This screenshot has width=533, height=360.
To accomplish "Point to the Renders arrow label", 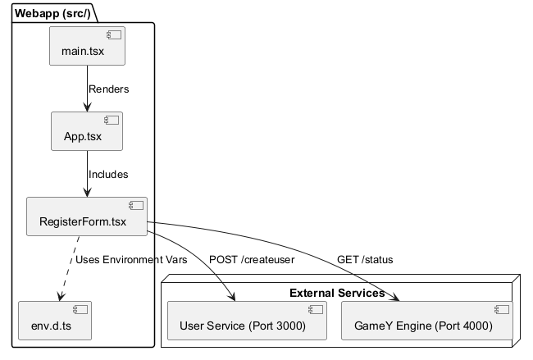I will tap(108, 89).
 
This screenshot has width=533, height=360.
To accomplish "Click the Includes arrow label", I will tap(108, 174).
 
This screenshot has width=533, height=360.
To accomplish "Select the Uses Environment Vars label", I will tap(131, 260).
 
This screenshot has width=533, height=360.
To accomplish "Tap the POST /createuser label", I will tap(252, 260).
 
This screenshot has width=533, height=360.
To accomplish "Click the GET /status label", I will tap(365, 260).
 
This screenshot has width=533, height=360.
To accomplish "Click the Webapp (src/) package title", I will tap(53, 12).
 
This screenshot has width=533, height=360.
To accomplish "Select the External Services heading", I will tap(337, 293).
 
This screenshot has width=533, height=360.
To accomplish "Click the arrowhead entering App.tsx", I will tap(87, 107).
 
